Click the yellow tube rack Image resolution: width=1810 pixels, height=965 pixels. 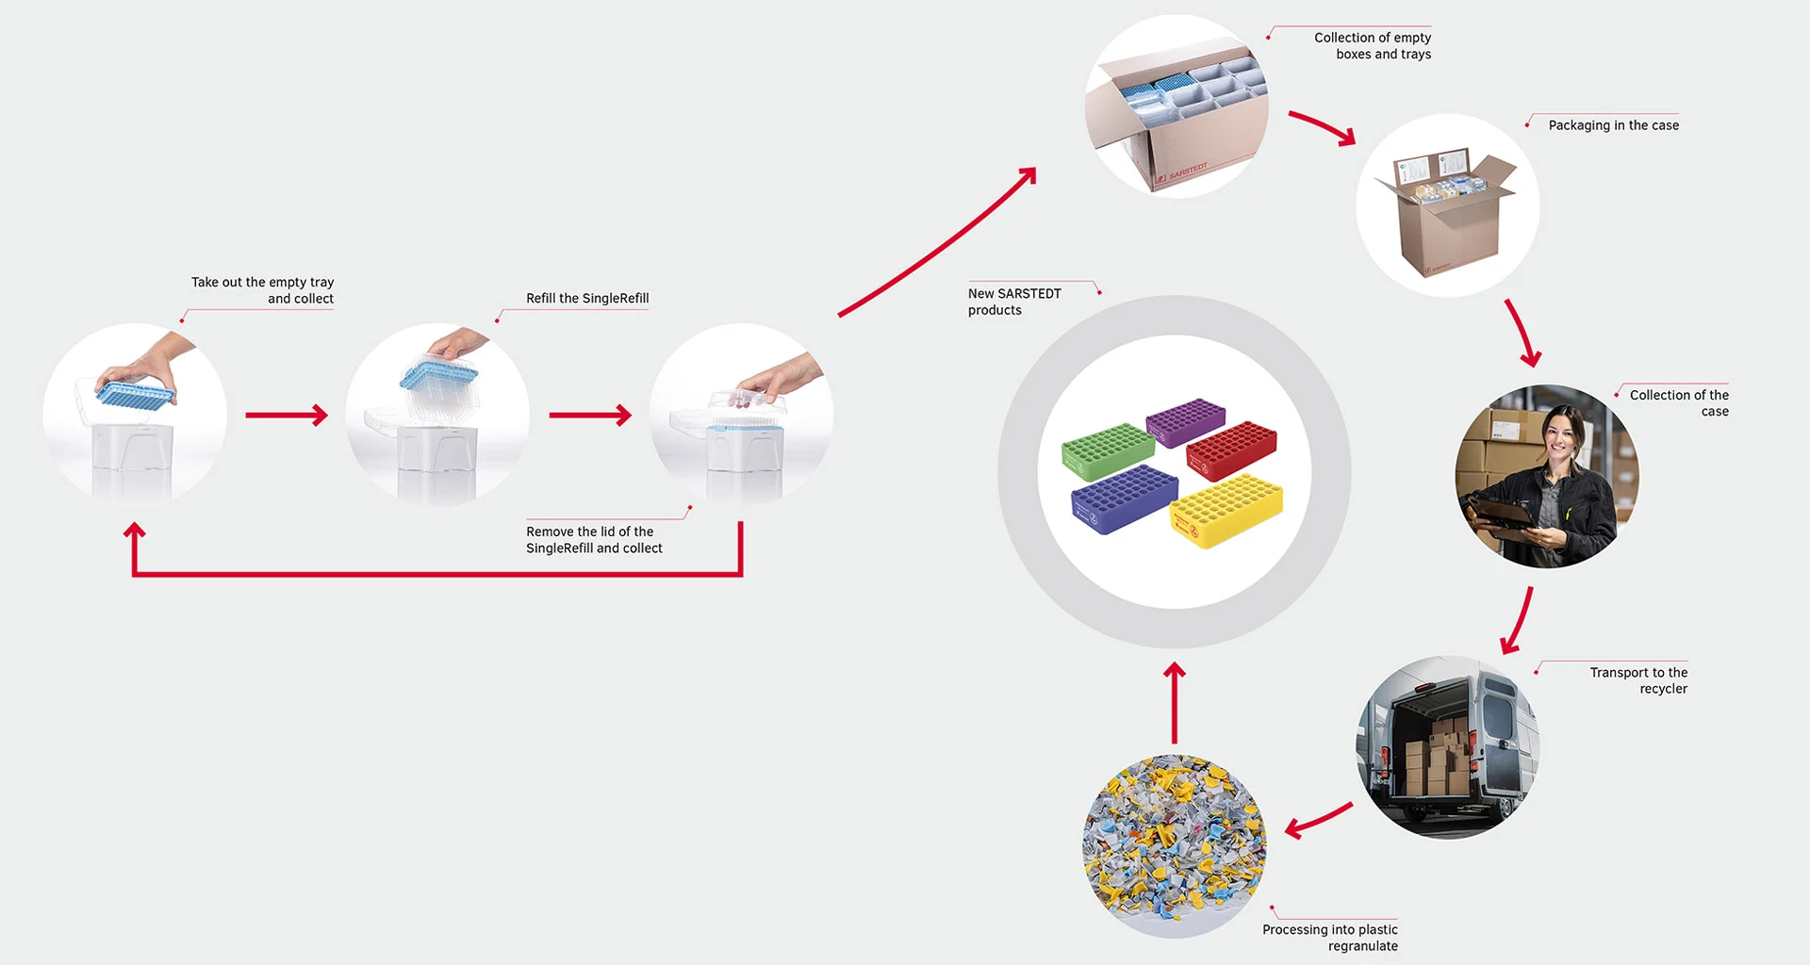pyautogui.click(x=1226, y=510)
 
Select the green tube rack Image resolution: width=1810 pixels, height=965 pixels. pyautogui.click(x=1108, y=450)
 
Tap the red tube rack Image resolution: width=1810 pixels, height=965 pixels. pyautogui.click(x=1231, y=449)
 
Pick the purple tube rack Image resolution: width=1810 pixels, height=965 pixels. pyautogui.click(x=1185, y=420)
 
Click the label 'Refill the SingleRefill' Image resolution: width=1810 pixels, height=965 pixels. pyautogui.click(x=587, y=299)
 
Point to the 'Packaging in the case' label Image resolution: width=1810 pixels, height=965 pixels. pyautogui.click(x=1613, y=125)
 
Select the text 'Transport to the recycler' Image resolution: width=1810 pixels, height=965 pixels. pyautogui.click(x=1638, y=680)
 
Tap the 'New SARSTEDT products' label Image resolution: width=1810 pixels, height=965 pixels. pyautogui.click(x=1013, y=302)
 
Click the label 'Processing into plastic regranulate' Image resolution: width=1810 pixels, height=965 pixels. pyautogui.click(x=1330, y=938)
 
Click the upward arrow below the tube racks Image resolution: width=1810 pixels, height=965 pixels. pyautogui.click(x=1175, y=702)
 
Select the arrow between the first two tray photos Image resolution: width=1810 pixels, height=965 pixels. pyautogui.click(x=287, y=415)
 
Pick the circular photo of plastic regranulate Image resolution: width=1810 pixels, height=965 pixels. pyautogui.click(x=1174, y=846)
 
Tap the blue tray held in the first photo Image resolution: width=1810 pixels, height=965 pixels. pyautogui.click(x=136, y=392)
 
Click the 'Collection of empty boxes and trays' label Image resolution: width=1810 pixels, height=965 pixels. pyautogui.click(x=1373, y=46)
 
